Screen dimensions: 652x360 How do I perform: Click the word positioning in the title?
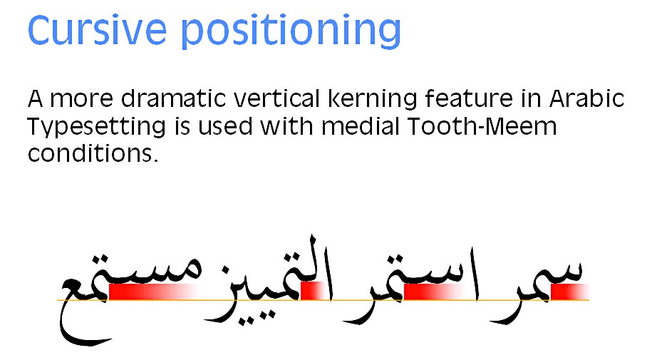[x=291, y=32]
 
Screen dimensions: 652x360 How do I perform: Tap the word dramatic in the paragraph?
[x=174, y=98]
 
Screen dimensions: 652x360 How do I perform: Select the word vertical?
[x=276, y=98]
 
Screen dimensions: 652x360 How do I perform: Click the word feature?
[x=469, y=98]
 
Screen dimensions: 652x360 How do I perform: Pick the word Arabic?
[x=586, y=98]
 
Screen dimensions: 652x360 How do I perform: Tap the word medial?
[x=360, y=126]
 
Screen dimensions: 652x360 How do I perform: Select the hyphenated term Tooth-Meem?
[x=482, y=126]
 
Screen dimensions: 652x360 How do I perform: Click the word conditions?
[x=93, y=153]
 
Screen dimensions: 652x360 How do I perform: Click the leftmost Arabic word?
[x=130, y=299]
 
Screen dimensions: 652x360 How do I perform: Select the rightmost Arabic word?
[x=537, y=292]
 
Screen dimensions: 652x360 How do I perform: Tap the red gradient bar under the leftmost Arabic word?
[x=153, y=292]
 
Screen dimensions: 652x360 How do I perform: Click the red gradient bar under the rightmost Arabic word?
[x=569, y=292]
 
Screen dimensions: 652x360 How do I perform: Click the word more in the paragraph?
[x=81, y=100]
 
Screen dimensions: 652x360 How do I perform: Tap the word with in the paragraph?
[x=286, y=126]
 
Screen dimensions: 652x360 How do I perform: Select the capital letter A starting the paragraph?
[x=36, y=99]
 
